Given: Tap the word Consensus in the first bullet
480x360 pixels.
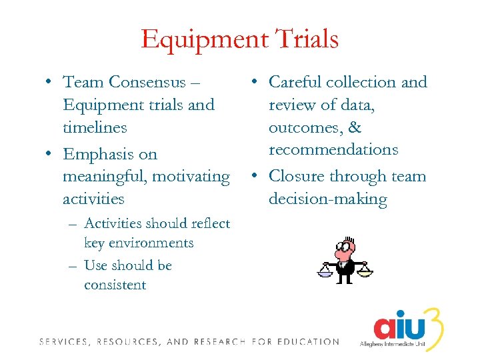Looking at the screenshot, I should click(x=147, y=82).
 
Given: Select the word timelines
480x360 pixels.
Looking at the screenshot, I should click(x=95, y=127).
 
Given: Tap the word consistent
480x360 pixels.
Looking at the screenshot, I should click(x=115, y=285).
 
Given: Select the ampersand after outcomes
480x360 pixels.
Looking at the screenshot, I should click(x=355, y=127).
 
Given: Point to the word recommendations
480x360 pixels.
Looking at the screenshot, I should click(x=333, y=150).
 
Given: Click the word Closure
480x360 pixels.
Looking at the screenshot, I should click(x=296, y=177).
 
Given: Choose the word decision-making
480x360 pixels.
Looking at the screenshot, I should click(x=327, y=199).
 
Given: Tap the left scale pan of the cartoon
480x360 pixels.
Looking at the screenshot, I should click(x=325, y=271).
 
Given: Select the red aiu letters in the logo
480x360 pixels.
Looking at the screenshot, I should click(x=398, y=326).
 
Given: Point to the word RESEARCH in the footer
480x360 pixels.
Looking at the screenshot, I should click(x=221, y=342).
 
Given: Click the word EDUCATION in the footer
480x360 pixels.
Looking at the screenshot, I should click(x=307, y=342).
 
